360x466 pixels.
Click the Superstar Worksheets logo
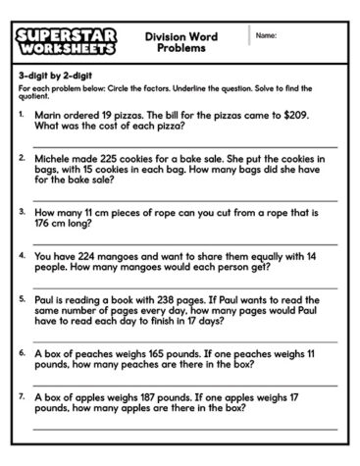[x=68, y=41]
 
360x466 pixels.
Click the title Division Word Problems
[x=180, y=41]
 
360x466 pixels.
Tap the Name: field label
[x=266, y=35]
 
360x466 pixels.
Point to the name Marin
[x=50, y=115]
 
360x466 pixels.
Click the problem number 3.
[x=22, y=210]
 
